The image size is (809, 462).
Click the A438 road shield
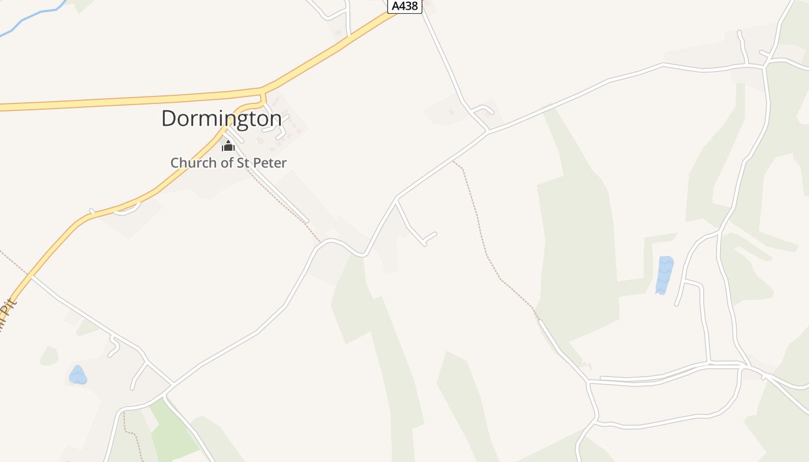[x=404, y=6]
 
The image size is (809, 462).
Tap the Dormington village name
[x=221, y=118]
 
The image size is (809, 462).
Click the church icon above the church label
[x=228, y=146]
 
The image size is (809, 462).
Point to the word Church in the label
[x=192, y=163]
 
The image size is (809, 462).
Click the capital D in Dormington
[x=168, y=118]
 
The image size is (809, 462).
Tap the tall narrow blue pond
[x=665, y=274]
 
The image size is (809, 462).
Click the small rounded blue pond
[x=77, y=375]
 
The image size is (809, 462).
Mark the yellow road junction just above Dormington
[x=263, y=92]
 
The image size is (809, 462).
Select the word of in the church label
[x=222, y=163]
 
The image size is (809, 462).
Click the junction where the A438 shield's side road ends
[x=487, y=131]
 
